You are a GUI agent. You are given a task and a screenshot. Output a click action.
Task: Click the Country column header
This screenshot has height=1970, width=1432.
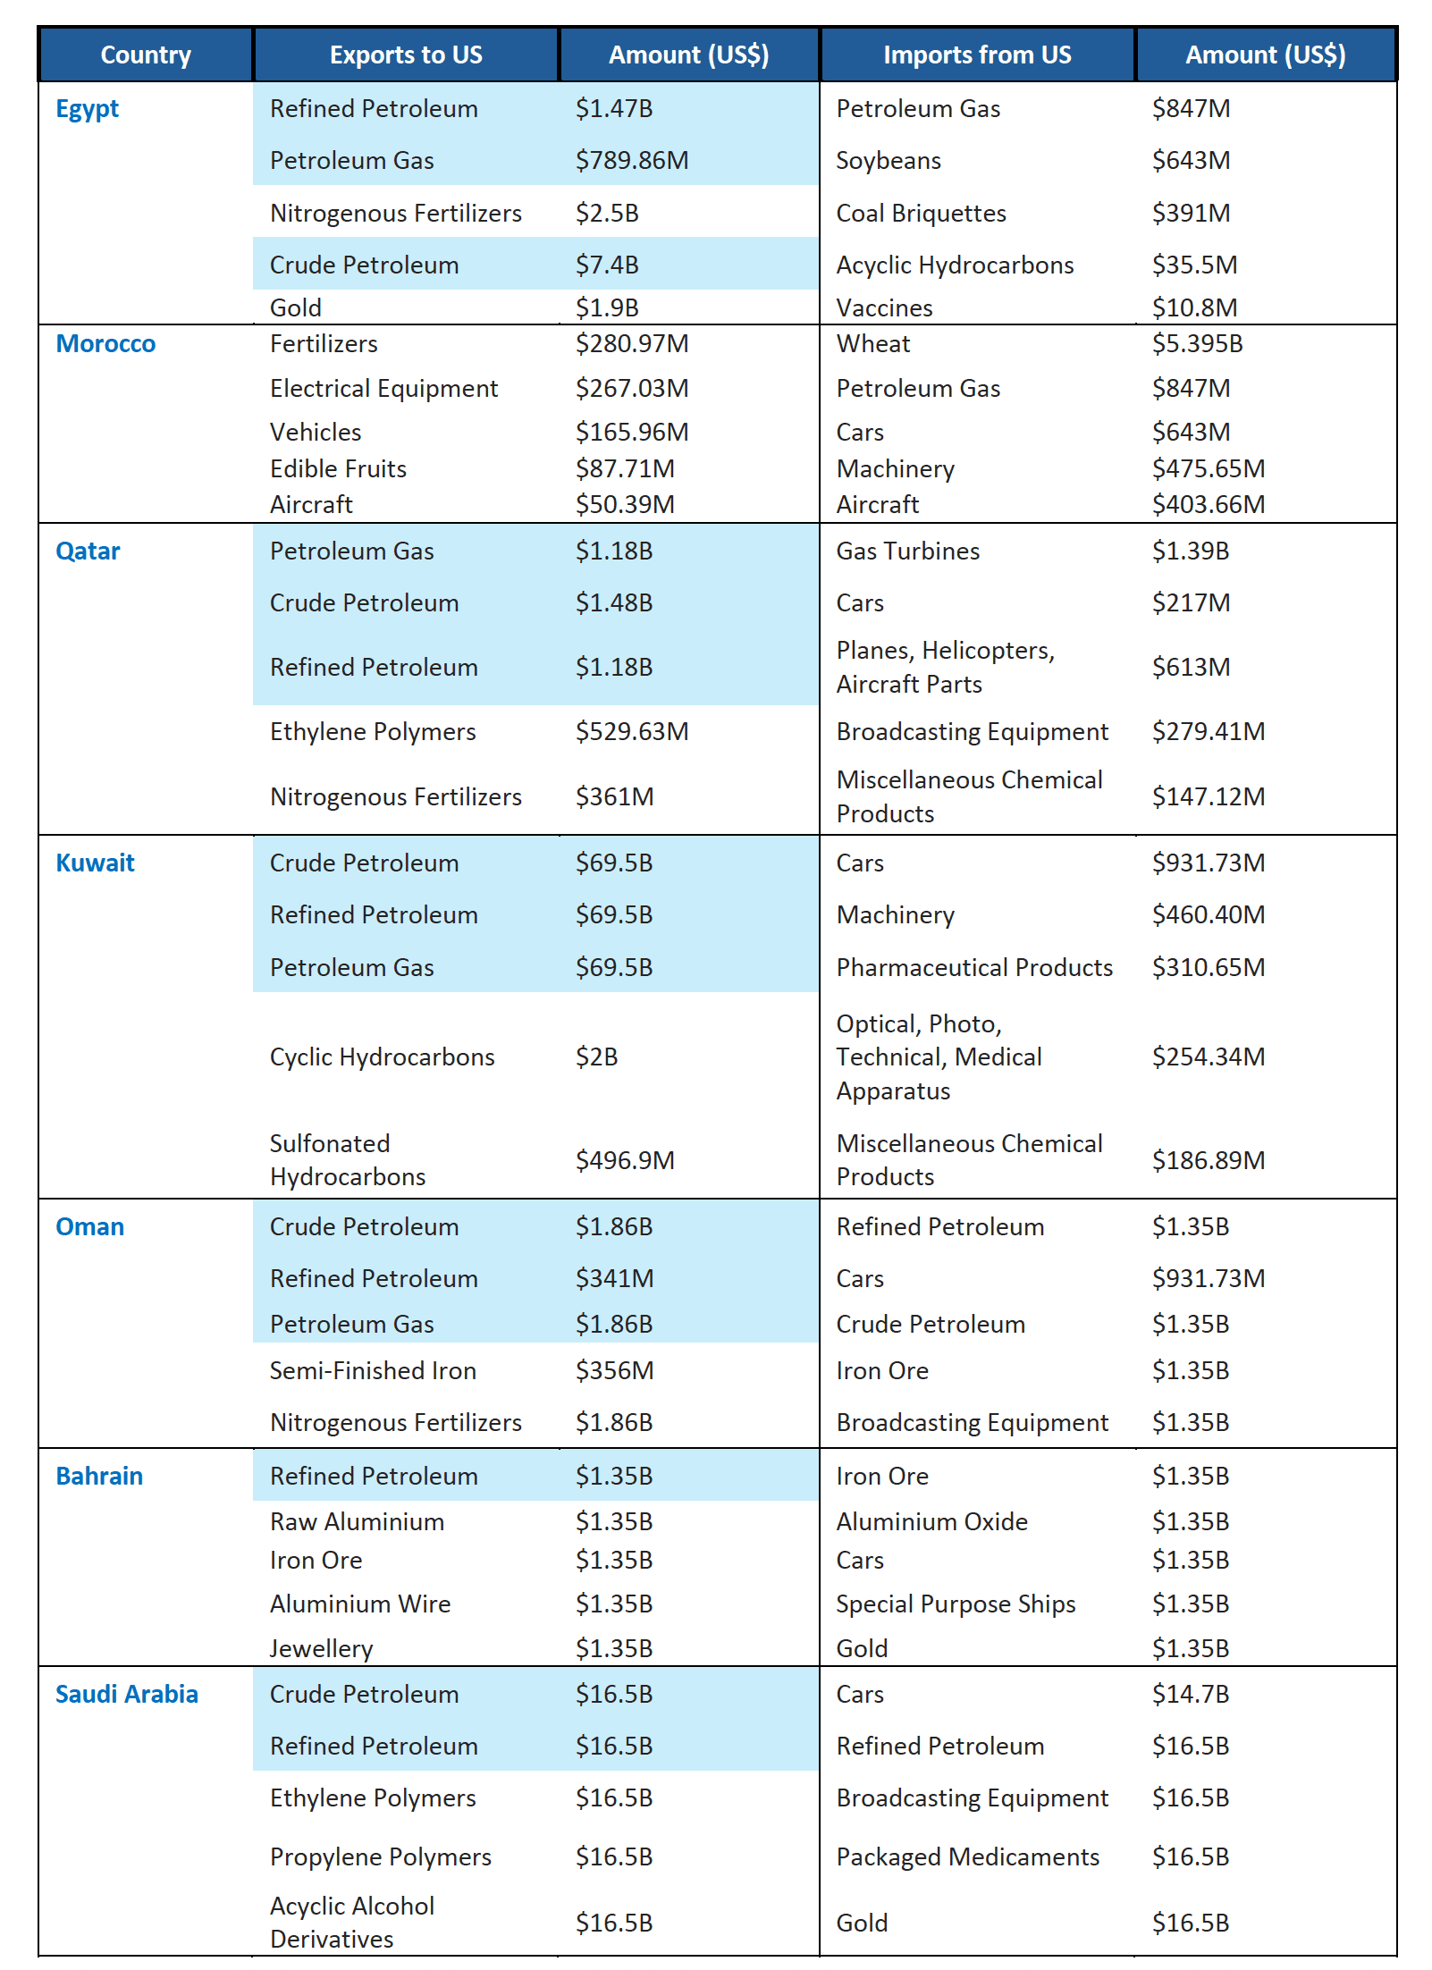[146, 55]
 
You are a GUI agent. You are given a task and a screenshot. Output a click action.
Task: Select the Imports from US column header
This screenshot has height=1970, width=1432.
[977, 55]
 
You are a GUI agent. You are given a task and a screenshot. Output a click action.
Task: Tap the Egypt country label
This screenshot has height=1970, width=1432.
[87, 109]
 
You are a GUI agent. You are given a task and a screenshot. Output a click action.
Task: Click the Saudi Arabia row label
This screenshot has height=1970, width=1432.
[126, 1694]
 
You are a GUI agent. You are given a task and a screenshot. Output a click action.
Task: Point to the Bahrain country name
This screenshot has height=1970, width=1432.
[99, 1476]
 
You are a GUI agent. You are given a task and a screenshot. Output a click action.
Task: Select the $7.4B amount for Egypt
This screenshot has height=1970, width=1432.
[607, 265]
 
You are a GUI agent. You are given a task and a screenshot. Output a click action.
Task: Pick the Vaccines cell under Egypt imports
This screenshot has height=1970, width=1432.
[884, 307]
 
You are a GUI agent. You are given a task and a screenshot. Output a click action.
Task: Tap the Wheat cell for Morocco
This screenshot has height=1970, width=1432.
[873, 343]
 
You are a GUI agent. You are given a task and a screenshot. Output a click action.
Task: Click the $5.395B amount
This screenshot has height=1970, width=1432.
[1197, 343]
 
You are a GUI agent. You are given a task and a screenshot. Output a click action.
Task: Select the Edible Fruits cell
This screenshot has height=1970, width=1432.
[338, 468]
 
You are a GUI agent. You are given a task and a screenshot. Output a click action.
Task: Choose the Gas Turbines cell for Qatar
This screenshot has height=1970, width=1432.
[907, 551]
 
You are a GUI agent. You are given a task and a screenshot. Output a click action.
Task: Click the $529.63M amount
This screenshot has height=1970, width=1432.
[632, 731]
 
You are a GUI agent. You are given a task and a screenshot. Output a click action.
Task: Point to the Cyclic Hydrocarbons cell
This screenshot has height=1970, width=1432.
[382, 1057]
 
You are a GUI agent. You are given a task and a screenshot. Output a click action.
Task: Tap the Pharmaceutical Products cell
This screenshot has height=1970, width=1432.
[974, 967]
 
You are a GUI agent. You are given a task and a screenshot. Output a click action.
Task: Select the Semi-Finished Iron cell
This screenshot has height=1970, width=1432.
[373, 1370]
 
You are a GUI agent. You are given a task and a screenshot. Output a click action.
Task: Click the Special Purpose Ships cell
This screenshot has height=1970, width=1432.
[956, 1604]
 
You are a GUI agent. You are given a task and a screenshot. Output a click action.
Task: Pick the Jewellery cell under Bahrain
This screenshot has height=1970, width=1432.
[321, 1648]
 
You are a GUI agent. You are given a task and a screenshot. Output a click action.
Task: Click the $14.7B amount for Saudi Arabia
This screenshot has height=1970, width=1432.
[1191, 1694]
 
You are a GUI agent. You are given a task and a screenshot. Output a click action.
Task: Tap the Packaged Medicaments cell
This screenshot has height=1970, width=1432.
[967, 1856]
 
